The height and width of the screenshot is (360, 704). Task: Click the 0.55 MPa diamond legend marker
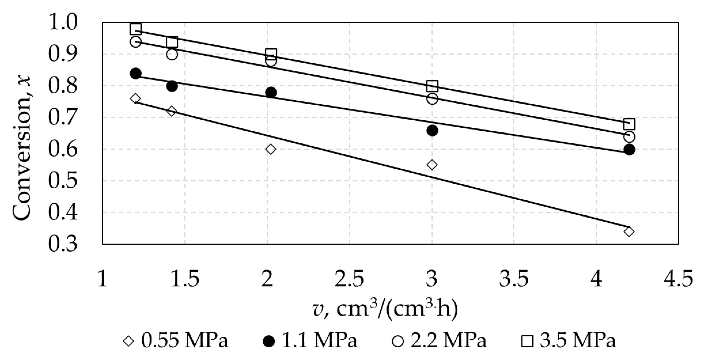pos(129,341)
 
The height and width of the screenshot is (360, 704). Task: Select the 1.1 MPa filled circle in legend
pos(269,341)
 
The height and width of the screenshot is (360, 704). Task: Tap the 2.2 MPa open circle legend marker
pos(398,341)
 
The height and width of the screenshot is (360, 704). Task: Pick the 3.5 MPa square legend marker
pos(527,341)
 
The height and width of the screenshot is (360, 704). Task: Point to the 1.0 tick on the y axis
pos(63,22)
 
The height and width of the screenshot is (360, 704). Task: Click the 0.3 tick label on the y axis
pos(63,244)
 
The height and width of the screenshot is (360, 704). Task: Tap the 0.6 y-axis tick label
pos(63,149)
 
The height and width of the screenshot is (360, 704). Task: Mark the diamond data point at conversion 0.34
pos(629,232)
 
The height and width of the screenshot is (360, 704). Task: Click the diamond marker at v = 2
pos(270,149)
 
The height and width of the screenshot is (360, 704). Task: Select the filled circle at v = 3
pos(432,131)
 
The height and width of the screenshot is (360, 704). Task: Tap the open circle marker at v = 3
pos(432,99)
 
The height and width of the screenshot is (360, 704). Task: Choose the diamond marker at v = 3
pos(432,165)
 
